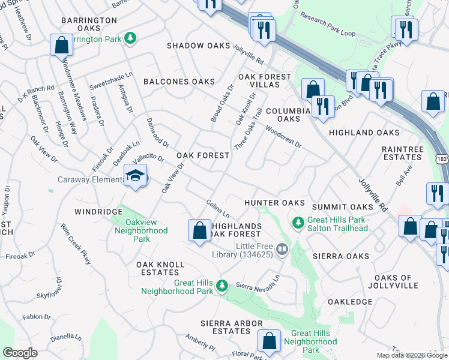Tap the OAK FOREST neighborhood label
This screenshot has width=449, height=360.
(203, 155)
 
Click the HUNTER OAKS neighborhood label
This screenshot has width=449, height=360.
(274, 203)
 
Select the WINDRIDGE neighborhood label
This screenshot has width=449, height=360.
(98, 212)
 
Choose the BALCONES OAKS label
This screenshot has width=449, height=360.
(179, 82)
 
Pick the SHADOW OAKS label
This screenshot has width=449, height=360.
(198, 46)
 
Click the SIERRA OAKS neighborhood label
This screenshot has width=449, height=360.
(341, 256)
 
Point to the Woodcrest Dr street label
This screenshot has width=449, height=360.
(283, 137)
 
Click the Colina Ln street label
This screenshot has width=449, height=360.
(218, 209)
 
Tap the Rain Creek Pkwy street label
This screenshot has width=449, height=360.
(76, 245)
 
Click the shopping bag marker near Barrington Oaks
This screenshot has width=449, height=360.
(61, 45)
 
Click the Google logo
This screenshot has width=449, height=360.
(20, 353)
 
